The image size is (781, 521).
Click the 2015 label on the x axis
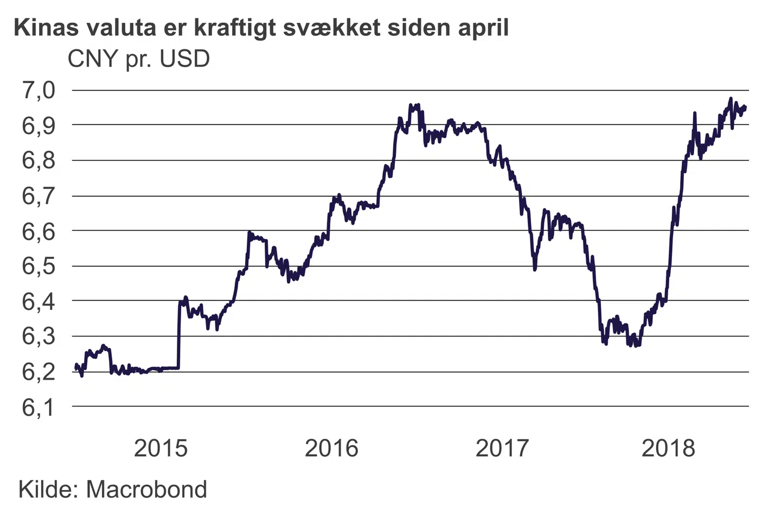[x=161, y=448]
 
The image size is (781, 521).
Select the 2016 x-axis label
[x=331, y=448]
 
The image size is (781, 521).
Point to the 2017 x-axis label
[x=502, y=448]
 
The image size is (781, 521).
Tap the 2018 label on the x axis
[x=668, y=448]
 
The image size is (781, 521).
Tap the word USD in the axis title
[x=184, y=59]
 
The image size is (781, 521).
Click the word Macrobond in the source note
[x=146, y=490]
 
